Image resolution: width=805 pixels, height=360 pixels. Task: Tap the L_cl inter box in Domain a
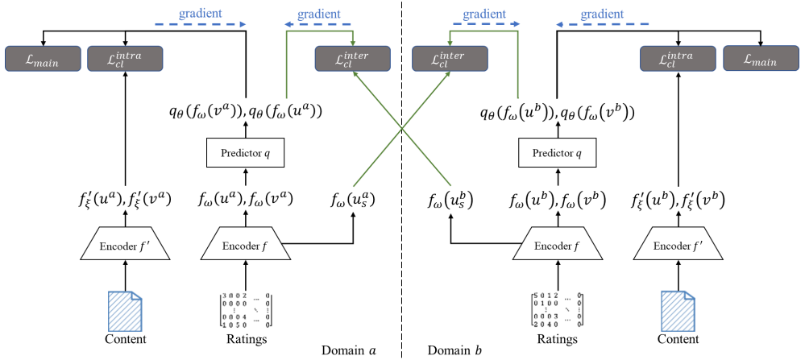(x=353, y=58)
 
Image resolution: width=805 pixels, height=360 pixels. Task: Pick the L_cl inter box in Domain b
(x=450, y=58)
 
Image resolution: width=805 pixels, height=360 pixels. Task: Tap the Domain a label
(x=349, y=350)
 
